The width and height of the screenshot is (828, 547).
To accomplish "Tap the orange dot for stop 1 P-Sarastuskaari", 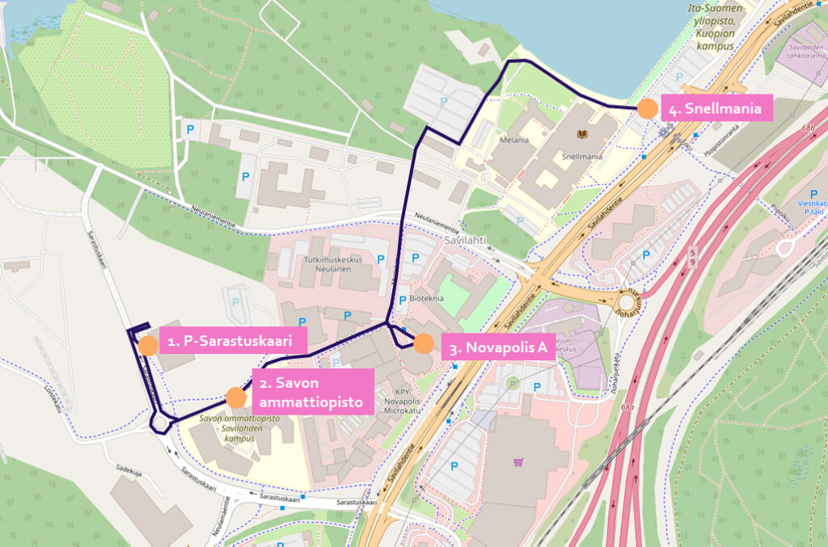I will pos(148,346).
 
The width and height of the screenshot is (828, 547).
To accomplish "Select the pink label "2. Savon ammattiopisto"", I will pos(314,391).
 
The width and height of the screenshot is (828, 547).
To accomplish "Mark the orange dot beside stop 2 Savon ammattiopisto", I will pos(235,397).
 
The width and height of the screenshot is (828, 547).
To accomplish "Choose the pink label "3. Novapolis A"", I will pos(499,348).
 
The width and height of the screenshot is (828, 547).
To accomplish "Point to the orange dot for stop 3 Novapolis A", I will pos(423,343).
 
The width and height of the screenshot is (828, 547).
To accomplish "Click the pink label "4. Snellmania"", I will pos(716,108).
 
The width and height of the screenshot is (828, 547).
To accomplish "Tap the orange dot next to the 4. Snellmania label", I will pos(647,108).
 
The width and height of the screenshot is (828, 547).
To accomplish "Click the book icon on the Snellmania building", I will pos(581,134).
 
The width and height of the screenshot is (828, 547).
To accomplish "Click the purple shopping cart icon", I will pos(518,462).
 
